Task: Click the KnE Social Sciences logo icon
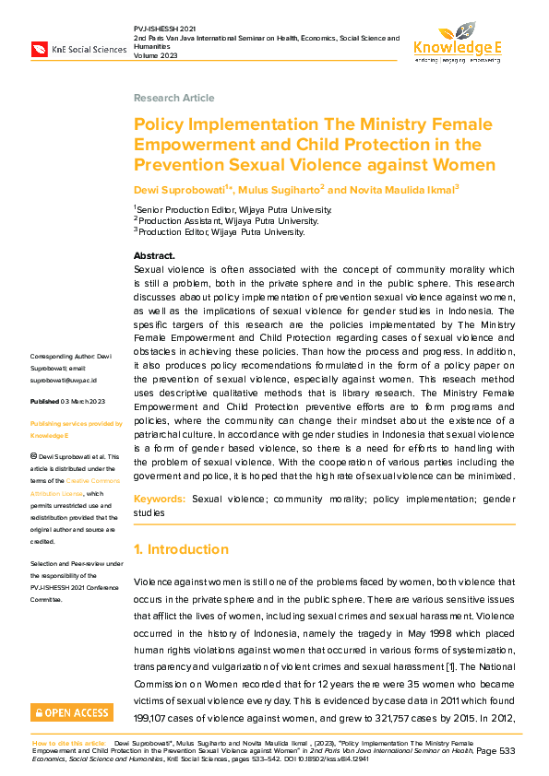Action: tap(40, 49)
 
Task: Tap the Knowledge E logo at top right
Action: tap(457, 41)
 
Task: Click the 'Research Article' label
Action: tap(173, 98)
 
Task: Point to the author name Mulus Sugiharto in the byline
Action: tap(281, 190)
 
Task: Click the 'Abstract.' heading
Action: tap(154, 255)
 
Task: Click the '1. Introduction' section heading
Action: tap(181, 549)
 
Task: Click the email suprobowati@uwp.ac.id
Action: tap(70, 380)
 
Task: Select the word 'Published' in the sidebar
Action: tap(45, 402)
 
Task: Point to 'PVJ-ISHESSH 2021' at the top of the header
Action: tap(165, 29)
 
